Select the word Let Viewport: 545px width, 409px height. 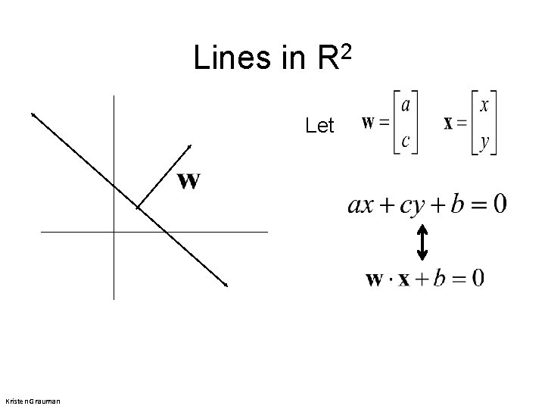(x=319, y=126)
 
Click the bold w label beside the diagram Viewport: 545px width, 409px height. (x=188, y=181)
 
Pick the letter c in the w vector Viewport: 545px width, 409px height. (x=406, y=141)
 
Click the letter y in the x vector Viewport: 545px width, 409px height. (x=484, y=142)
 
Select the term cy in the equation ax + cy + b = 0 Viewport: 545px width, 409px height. (x=412, y=205)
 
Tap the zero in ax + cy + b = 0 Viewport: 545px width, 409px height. (x=499, y=204)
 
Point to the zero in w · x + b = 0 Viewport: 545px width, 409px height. (x=477, y=279)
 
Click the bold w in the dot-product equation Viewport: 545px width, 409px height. (x=375, y=279)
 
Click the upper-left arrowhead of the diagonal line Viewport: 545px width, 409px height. (x=33, y=114)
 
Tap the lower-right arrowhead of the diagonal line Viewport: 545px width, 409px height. (x=225, y=285)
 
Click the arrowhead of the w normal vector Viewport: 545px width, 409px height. (x=189, y=146)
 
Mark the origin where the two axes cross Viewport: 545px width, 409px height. (x=114, y=231)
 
